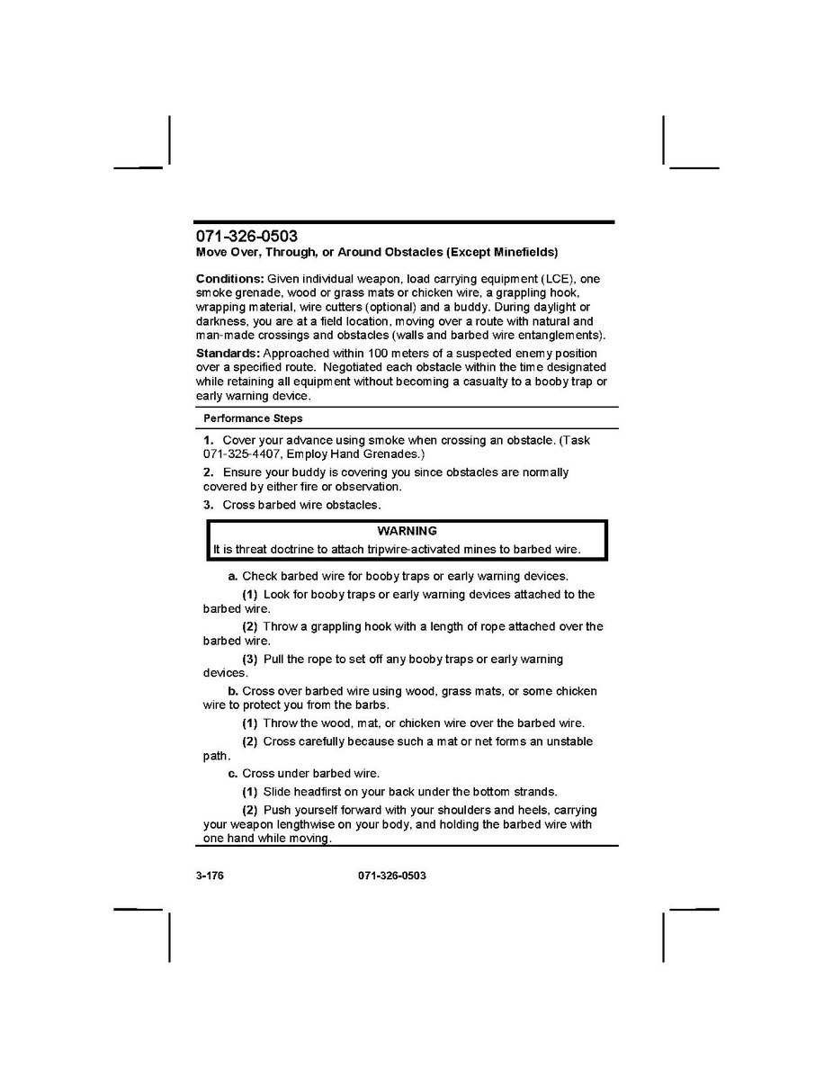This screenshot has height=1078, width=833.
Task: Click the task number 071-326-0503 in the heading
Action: point(246,237)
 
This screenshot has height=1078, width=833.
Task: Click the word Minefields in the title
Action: point(521,253)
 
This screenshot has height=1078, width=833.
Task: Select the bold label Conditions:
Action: point(230,279)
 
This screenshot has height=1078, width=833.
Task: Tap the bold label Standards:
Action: point(228,354)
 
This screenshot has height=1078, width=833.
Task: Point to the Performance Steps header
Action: point(253,418)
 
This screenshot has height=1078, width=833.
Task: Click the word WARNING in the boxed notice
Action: point(407,531)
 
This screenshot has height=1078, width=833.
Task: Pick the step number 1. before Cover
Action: point(208,440)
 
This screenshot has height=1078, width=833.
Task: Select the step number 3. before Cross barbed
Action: point(208,505)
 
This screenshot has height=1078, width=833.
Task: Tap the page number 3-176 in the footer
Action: point(209,876)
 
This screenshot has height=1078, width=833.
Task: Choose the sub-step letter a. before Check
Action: point(233,576)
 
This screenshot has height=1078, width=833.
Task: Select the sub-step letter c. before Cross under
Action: point(233,774)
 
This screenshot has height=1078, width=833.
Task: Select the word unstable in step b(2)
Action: point(568,741)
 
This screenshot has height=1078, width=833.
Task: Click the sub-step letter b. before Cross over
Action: point(233,691)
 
